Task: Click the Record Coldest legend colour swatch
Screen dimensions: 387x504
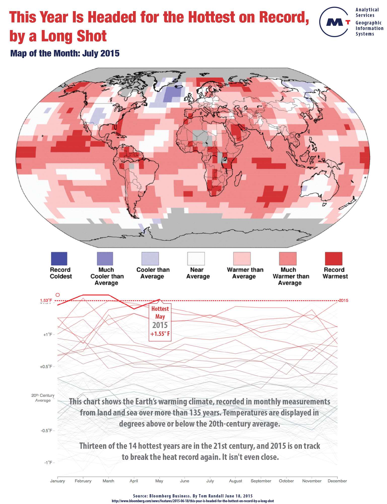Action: (59, 258)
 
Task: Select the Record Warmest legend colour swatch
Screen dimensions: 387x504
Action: (334, 258)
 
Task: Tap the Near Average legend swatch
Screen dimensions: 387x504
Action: (196, 258)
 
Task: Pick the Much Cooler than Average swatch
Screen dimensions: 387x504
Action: (105, 258)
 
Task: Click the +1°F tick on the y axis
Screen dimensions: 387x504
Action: (48, 335)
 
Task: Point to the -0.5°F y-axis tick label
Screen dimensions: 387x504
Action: (47, 430)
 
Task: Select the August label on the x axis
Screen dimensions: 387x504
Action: (235, 481)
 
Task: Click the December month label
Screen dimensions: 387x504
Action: (337, 481)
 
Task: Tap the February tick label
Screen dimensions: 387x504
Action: (83, 481)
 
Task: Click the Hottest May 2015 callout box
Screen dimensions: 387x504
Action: (160, 321)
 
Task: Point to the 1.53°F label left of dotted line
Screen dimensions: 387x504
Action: (46, 300)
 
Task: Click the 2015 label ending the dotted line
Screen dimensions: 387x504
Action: (343, 300)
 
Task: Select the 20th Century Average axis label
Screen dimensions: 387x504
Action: (43, 398)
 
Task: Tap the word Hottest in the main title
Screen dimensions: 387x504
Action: (212, 17)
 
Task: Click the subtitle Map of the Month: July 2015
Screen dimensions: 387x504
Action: (65, 53)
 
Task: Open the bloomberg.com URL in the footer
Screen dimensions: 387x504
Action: (193, 501)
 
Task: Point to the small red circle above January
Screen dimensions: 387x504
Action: (58, 295)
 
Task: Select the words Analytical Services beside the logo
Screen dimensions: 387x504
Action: (367, 12)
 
